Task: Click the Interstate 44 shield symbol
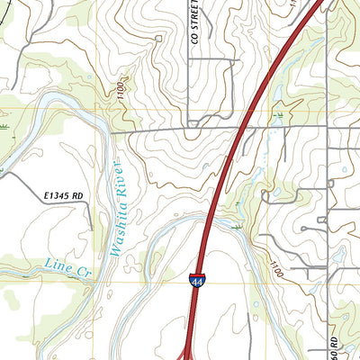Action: click(x=195, y=281)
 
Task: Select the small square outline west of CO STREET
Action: click(x=159, y=38)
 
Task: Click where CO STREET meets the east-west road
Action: click(x=187, y=129)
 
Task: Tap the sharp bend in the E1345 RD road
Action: click(x=90, y=206)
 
